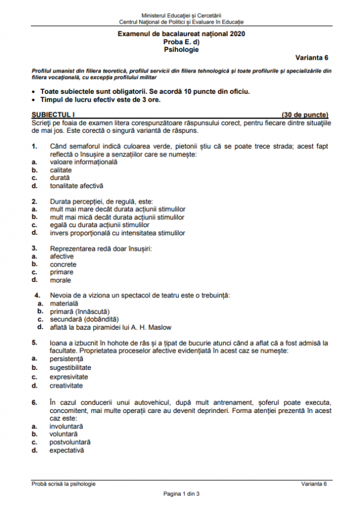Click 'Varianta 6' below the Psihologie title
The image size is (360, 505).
(312, 57)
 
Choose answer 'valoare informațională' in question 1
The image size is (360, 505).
(84, 162)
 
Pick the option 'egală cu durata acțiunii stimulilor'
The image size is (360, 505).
(99, 225)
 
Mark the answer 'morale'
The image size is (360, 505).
(61, 280)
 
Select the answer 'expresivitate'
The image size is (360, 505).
(69, 376)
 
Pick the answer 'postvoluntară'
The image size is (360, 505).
(70, 441)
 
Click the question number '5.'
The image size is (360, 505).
(35, 342)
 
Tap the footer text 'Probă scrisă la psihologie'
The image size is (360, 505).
(64, 484)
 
